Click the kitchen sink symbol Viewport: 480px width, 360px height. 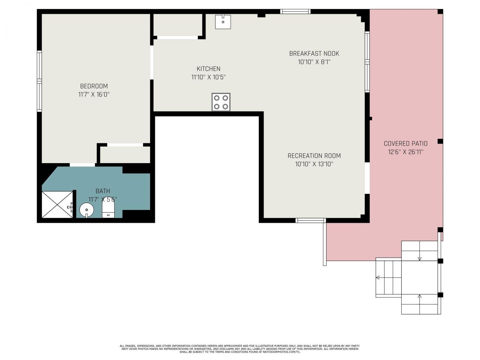(223, 21)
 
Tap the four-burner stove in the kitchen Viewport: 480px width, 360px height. (221, 102)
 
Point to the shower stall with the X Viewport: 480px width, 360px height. (57, 204)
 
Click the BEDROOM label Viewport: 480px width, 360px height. (94, 86)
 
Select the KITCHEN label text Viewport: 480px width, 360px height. (208, 69)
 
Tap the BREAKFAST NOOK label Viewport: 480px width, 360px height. (314, 54)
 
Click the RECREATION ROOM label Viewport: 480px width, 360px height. (314, 156)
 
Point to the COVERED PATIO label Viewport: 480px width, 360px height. (405, 143)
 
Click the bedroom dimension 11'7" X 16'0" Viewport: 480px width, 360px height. (94, 95)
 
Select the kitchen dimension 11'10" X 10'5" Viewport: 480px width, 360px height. (208, 77)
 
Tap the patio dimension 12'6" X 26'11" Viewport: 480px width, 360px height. (405, 152)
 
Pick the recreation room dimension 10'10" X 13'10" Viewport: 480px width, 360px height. (314, 164)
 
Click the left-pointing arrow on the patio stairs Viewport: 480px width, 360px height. (378, 277)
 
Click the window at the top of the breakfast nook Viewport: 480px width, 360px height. (295, 11)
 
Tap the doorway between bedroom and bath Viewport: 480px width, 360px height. (82, 165)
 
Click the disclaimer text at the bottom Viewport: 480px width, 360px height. (240, 349)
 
